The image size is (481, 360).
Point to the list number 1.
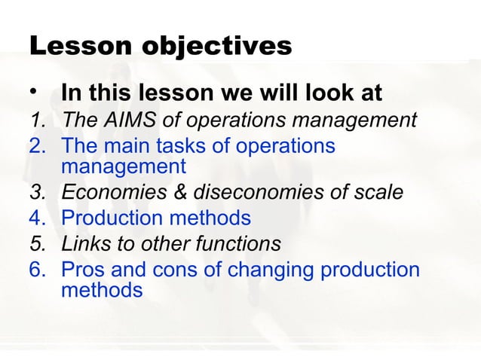pos(36,120)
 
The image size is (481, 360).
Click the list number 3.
pos(36,194)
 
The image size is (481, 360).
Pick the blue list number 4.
pos(36,218)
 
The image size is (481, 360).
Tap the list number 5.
pos(36,243)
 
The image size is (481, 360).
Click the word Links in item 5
pos(84,243)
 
